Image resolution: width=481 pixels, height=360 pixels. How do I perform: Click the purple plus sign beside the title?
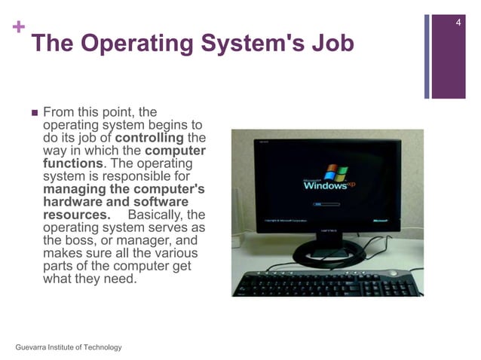pyautogui.click(x=17, y=29)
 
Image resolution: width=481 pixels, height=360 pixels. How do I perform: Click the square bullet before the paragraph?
pyautogui.click(x=33, y=113)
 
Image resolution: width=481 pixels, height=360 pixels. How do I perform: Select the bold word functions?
pyautogui.click(x=72, y=163)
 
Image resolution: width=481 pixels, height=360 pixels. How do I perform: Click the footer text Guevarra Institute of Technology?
pyautogui.click(x=68, y=346)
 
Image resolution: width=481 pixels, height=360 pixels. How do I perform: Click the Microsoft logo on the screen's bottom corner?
pyautogui.click(x=384, y=221)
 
